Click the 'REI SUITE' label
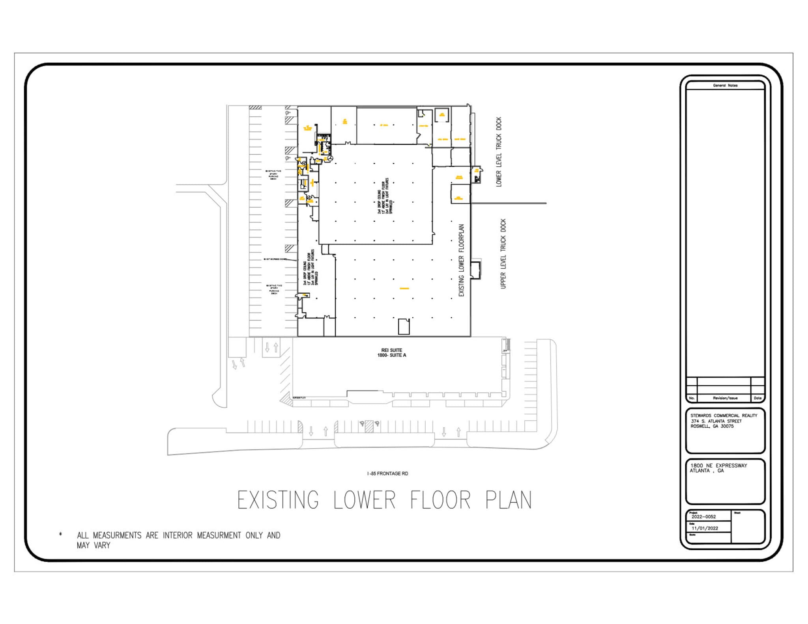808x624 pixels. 391,350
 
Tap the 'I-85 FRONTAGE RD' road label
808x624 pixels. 387,473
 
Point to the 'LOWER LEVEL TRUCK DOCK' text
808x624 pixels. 499,152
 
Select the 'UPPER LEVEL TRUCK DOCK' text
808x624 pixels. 503,254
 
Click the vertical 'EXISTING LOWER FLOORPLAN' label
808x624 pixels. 461,260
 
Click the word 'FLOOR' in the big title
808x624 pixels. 440,500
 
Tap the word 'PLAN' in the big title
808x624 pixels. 509,500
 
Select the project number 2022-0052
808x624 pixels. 703,517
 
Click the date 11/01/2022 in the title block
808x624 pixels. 705,528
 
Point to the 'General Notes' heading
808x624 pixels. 725,86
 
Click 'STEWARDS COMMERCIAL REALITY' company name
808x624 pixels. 724,415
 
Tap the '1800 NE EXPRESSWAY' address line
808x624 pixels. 718,466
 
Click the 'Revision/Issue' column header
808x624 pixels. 725,398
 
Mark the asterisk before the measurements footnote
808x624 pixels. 60,535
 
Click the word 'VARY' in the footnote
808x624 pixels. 102,546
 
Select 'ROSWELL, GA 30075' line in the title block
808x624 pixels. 712,426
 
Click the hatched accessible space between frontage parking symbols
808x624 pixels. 369,427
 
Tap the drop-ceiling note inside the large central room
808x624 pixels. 385,196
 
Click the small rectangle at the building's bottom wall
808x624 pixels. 404,326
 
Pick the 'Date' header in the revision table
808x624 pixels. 757,398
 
